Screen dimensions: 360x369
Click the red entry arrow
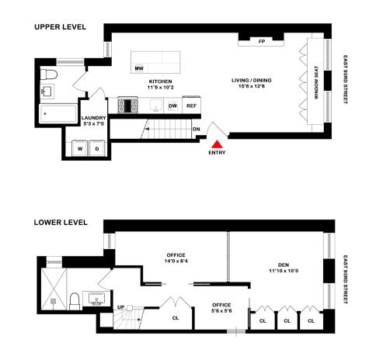pos(219,143)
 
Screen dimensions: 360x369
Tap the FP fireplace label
pos(262,43)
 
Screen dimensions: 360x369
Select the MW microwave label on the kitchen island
pos(140,68)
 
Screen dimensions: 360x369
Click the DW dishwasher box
pos(172,106)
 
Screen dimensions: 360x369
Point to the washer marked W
pos(78,147)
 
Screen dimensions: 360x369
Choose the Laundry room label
pos(94,120)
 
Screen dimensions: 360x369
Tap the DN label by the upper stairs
pos(197,129)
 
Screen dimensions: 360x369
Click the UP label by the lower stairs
pos(120,308)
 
